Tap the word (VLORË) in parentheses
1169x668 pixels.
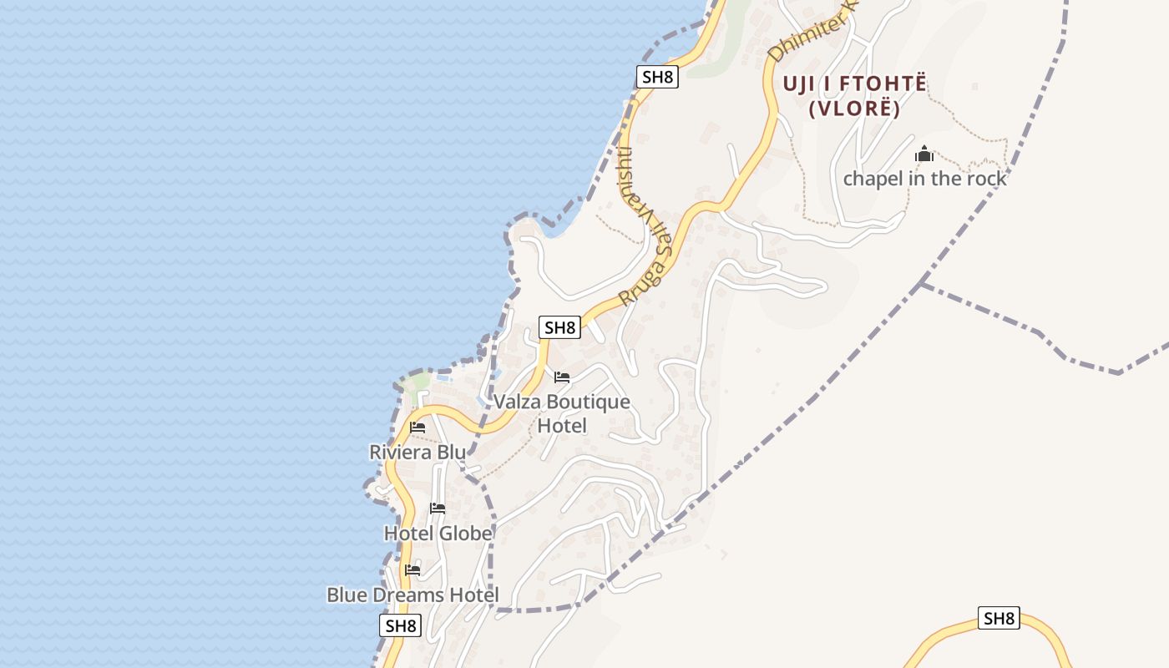854,109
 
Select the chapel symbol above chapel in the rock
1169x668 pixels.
924,154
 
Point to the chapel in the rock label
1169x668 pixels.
924,179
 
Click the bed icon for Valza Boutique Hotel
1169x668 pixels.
562,377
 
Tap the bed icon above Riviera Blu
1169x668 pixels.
417,428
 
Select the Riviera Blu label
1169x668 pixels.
417,452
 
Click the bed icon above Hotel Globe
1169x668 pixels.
438,509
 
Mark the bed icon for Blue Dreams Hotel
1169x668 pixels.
412,570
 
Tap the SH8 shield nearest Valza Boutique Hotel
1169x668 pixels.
559,327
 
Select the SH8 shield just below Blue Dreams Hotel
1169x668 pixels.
401,625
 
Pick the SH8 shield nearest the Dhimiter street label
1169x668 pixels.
657,77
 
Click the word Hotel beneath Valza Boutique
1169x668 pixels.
561,426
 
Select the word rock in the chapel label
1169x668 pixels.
985,179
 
